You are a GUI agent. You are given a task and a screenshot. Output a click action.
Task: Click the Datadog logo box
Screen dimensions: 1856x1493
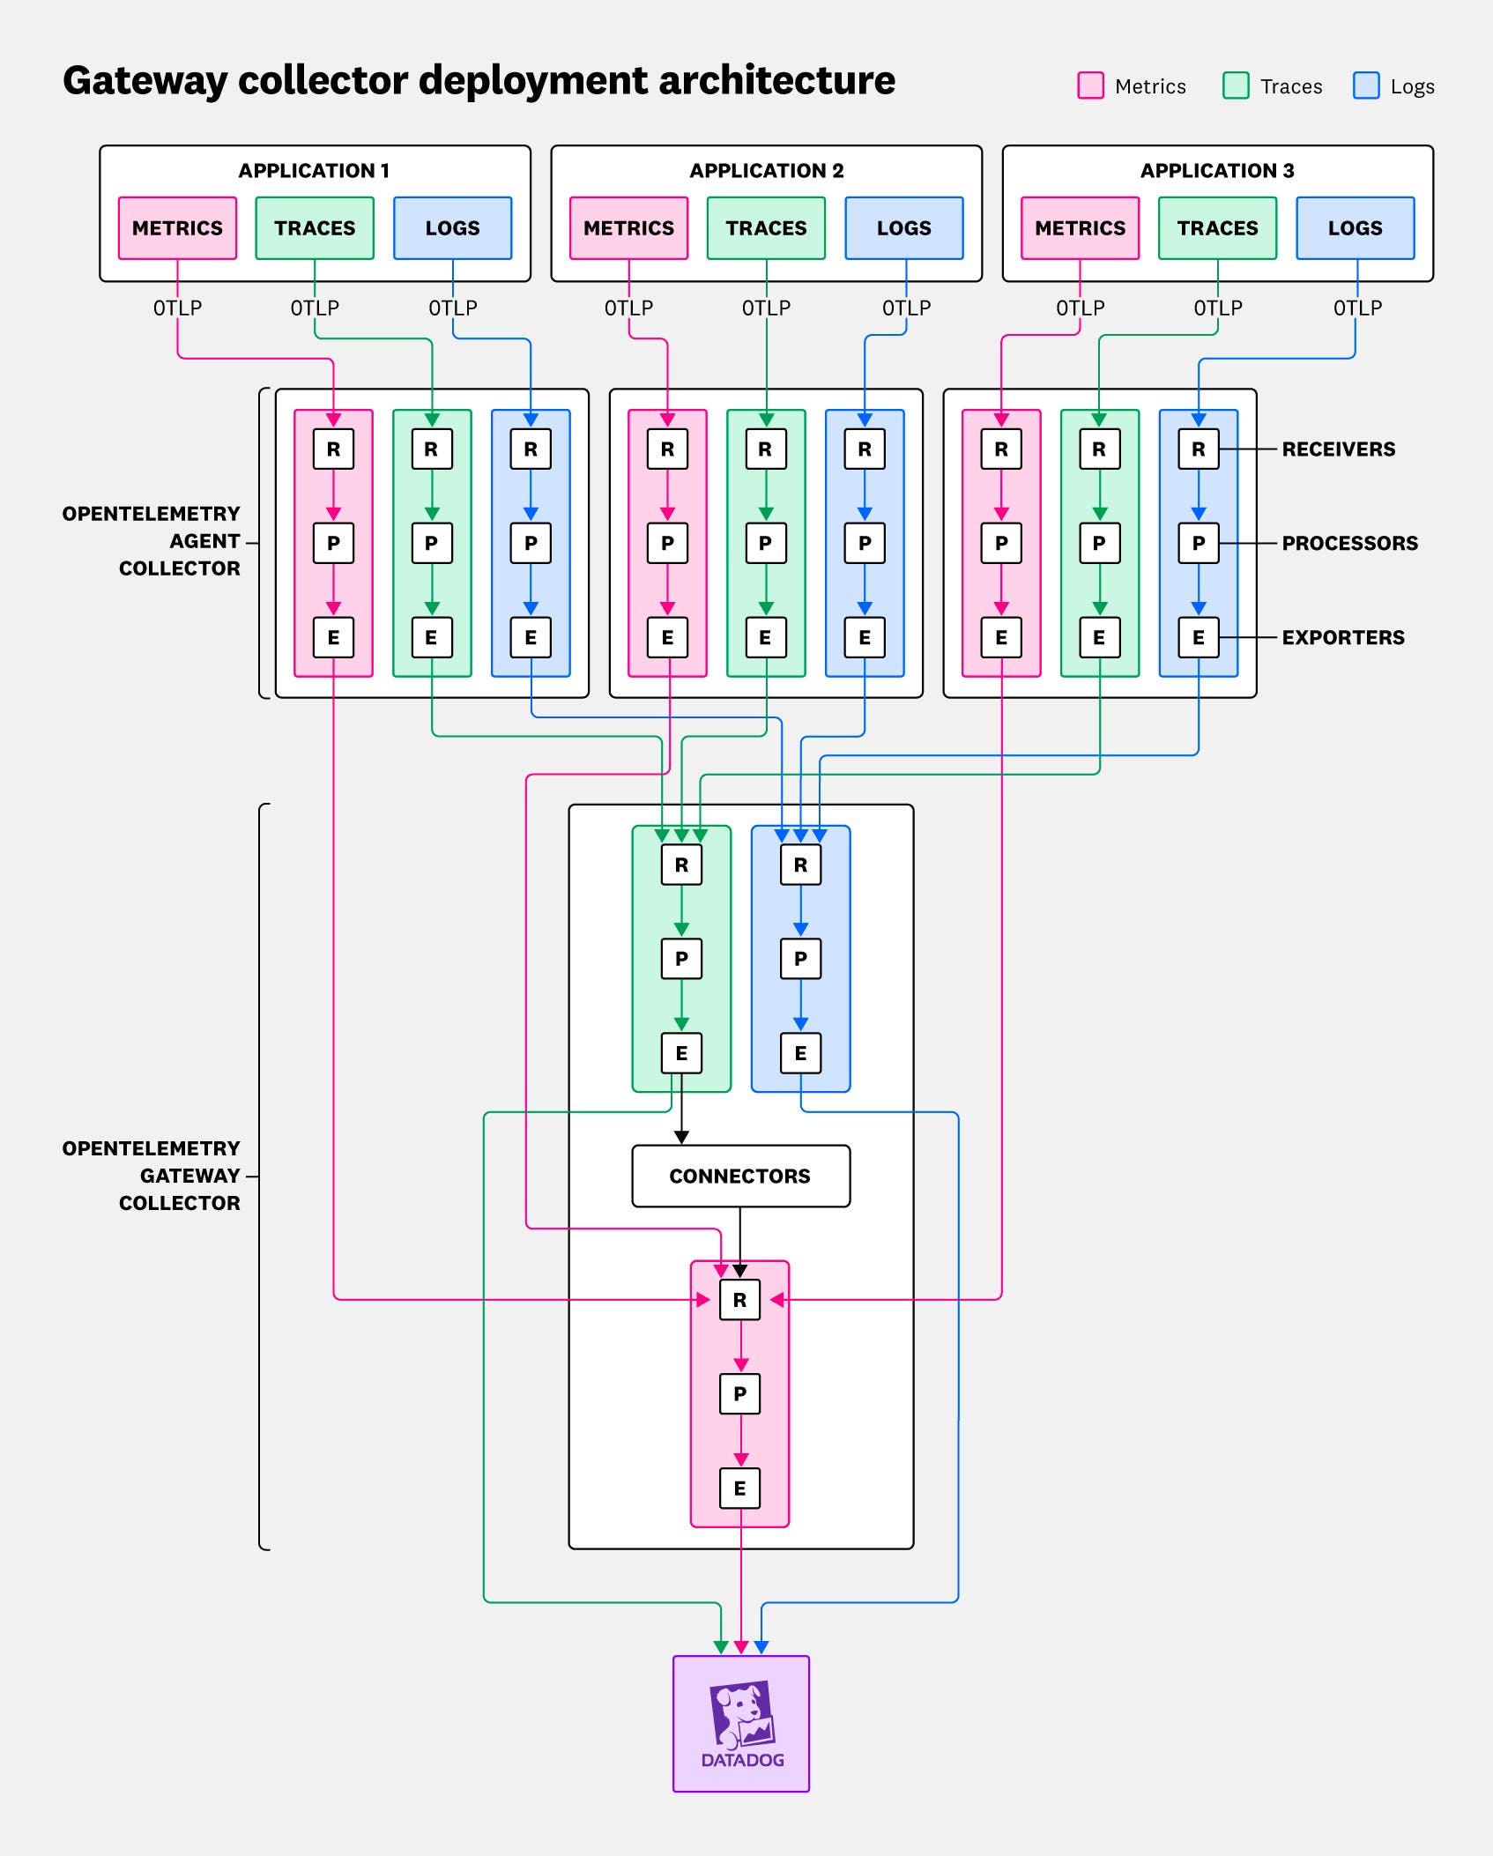point(741,1723)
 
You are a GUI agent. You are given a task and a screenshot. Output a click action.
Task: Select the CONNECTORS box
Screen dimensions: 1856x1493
point(740,1176)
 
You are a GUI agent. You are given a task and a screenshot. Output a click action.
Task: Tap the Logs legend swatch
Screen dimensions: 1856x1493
point(1365,85)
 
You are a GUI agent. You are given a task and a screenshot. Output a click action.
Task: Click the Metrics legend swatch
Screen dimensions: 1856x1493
point(1090,85)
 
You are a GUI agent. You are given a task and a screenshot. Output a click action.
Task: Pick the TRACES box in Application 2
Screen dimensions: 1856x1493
point(766,228)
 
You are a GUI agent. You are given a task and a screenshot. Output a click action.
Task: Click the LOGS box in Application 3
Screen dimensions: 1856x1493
point(1355,228)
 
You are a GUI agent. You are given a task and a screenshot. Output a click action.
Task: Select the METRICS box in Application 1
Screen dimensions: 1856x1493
point(177,228)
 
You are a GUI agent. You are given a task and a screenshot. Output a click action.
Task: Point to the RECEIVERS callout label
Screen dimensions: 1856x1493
point(1338,449)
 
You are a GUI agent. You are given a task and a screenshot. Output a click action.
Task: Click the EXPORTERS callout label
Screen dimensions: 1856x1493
point(1342,637)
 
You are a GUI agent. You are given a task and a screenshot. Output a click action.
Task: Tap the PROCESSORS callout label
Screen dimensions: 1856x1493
point(1349,543)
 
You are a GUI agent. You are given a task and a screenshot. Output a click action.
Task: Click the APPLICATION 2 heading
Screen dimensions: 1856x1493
point(766,170)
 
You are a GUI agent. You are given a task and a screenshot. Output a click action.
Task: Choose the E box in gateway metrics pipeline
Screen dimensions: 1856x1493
point(739,1489)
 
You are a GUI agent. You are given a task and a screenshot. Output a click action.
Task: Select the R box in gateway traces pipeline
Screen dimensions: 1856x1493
point(681,865)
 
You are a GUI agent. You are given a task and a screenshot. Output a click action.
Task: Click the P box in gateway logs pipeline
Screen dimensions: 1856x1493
point(800,959)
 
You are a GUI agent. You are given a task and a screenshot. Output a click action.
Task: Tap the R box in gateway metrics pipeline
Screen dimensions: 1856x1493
point(739,1300)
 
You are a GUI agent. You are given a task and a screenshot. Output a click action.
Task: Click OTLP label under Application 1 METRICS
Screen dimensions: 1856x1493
point(177,308)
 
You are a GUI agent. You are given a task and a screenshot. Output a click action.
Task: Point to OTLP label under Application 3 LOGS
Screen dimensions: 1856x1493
point(1357,308)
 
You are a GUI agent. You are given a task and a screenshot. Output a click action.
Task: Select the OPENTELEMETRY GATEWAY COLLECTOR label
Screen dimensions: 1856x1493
point(151,1176)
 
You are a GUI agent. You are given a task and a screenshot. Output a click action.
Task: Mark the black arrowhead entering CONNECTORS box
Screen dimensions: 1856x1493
point(681,1138)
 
